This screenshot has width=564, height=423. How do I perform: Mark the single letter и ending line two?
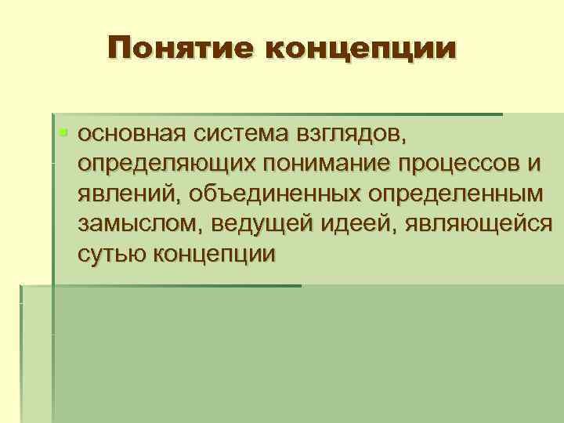[535, 164]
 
